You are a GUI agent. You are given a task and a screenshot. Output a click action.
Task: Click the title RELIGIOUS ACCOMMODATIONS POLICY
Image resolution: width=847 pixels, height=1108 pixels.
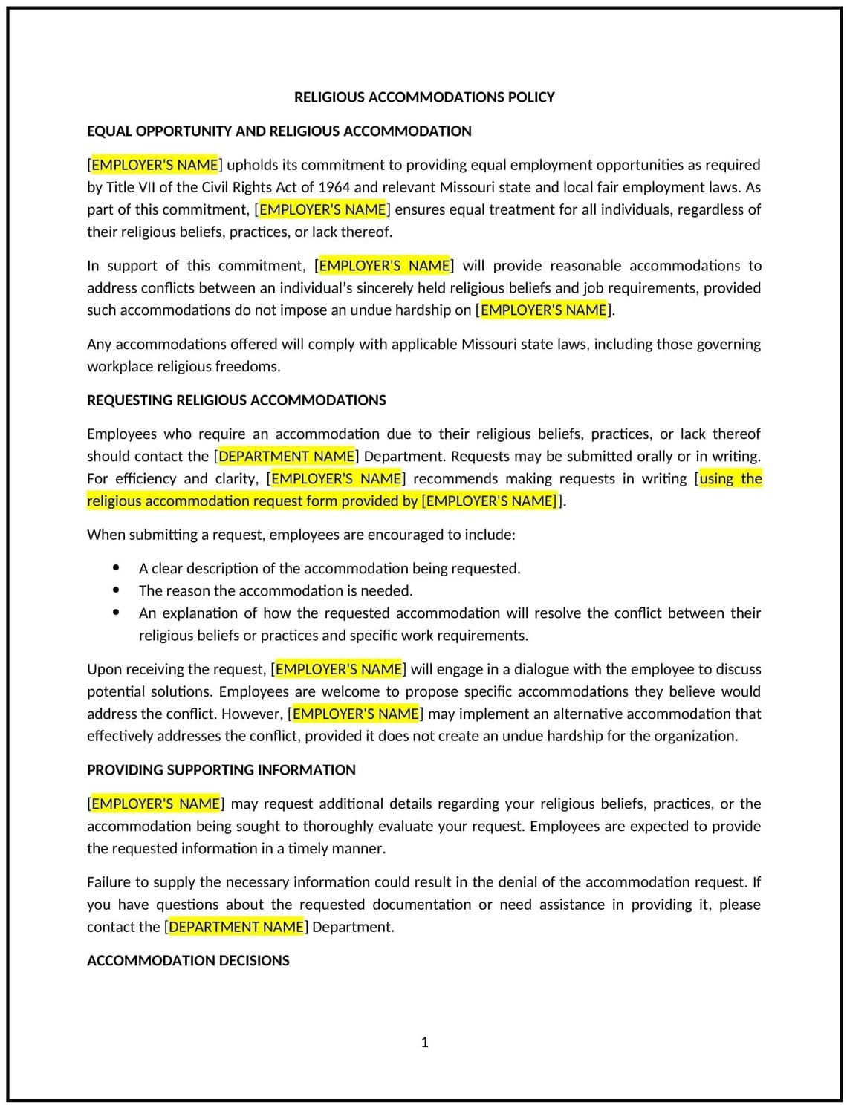click(424, 97)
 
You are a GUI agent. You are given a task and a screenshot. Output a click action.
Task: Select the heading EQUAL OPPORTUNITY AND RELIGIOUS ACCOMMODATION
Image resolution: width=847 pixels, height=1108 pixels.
click(279, 131)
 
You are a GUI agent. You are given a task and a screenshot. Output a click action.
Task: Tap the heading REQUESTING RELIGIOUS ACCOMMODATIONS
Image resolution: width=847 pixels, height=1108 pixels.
click(236, 400)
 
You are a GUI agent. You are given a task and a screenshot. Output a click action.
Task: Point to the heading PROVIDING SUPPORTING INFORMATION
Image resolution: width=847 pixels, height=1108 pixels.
click(221, 770)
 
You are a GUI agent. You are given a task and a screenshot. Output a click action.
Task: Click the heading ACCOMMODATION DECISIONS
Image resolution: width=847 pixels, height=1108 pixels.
click(188, 961)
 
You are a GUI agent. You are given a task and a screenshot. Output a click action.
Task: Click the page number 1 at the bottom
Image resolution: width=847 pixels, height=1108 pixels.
click(425, 1043)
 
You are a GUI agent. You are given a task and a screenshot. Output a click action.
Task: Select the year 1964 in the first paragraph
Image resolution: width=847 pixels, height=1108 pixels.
click(334, 187)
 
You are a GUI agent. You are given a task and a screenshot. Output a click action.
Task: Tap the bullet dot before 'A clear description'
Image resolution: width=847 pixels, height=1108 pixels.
click(117, 568)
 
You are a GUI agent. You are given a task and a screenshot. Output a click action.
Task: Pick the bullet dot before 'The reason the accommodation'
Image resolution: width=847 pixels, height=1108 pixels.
click(117, 590)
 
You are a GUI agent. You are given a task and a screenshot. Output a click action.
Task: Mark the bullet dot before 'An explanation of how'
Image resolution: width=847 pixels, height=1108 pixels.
click(117, 613)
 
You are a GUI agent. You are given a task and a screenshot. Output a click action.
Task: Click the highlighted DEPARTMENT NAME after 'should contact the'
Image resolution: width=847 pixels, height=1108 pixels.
click(286, 456)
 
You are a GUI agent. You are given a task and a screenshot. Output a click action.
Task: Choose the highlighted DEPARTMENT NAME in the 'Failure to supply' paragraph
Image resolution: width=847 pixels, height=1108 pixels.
click(236, 927)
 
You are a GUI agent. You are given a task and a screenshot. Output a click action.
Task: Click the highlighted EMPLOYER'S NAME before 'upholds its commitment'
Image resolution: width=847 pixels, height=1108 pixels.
click(155, 165)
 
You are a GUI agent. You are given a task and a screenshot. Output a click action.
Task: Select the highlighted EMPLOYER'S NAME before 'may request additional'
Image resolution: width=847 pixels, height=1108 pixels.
click(155, 804)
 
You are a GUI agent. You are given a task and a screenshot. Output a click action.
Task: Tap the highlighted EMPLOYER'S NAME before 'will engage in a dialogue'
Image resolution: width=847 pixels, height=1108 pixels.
click(339, 669)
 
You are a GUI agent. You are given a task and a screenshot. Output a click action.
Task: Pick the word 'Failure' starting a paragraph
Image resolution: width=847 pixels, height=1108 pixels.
click(111, 882)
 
